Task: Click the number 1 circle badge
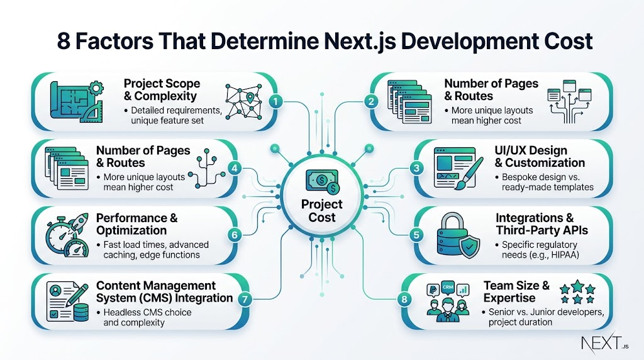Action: tap(275, 101)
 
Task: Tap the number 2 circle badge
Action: tap(371, 101)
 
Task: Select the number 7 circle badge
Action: tap(245, 299)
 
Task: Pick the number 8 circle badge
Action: tap(404, 299)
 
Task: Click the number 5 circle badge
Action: tap(416, 235)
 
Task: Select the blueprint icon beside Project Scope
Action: tap(76, 102)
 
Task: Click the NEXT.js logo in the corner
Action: tap(604, 342)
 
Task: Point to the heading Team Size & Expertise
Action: tap(517, 291)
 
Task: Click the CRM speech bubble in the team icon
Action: tap(448, 287)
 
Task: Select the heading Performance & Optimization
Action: tap(136, 224)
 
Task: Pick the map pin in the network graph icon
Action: tap(250, 98)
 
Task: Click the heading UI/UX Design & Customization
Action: tap(540, 157)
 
